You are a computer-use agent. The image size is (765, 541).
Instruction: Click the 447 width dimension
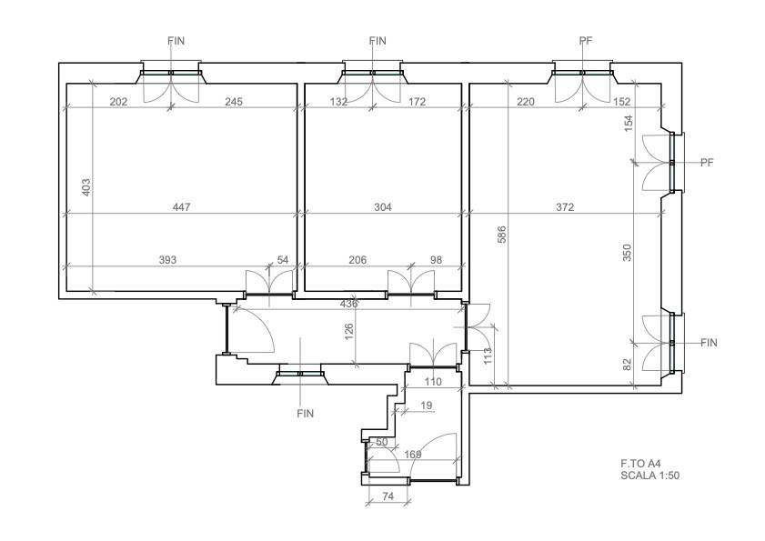[x=182, y=207]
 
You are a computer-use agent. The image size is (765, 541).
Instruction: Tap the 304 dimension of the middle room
[x=383, y=207]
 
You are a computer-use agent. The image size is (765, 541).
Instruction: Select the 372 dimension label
[x=565, y=207]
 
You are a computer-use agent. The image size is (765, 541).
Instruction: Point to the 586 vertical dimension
[x=502, y=235]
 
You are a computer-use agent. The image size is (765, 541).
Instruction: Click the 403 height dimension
[x=86, y=188]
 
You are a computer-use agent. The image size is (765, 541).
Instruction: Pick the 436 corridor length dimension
[x=348, y=304]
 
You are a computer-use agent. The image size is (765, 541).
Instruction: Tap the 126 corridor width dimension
[x=348, y=332]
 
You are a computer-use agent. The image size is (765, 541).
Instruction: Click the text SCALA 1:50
[x=649, y=476]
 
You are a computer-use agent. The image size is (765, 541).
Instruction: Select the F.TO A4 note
[x=640, y=464]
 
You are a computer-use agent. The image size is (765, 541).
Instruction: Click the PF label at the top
[x=586, y=41]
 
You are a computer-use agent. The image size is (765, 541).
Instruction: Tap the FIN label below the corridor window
[x=306, y=414]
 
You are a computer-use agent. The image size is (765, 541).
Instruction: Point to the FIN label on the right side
[x=709, y=343]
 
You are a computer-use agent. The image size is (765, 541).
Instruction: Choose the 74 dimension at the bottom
[x=388, y=496]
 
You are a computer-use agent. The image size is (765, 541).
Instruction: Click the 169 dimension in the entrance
[x=413, y=455]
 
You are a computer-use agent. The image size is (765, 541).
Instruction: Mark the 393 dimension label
[x=168, y=260]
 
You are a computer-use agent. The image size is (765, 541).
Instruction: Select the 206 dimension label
[x=357, y=260]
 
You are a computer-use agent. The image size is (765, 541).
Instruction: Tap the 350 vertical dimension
[x=628, y=252]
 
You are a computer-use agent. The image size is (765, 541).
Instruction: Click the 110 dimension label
[x=433, y=382]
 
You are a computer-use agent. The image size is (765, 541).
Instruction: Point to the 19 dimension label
[x=426, y=406]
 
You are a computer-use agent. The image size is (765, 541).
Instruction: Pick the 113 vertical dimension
[x=488, y=356]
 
